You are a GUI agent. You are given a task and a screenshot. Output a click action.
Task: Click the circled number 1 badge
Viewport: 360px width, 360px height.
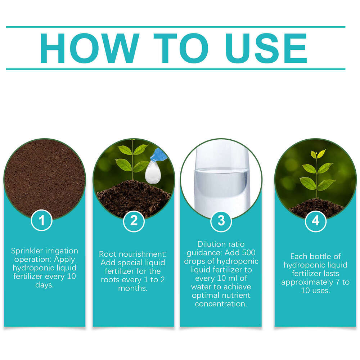click(x=42, y=220)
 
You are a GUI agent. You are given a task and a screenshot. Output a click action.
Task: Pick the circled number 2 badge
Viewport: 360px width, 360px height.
click(x=134, y=220)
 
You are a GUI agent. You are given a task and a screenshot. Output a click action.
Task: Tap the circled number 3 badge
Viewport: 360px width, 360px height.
click(x=221, y=220)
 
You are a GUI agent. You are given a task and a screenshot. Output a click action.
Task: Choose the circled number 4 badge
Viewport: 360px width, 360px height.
click(x=315, y=220)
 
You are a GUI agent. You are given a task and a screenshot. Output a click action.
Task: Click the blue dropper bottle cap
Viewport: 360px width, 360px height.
click(x=160, y=155)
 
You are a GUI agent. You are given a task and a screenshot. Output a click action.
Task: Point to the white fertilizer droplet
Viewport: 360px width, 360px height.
click(x=152, y=171)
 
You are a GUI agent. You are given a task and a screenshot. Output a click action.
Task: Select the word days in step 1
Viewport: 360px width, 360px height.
click(x=44, y=285)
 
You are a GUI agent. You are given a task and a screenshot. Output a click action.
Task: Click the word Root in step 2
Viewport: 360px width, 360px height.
click(x=107, y=254)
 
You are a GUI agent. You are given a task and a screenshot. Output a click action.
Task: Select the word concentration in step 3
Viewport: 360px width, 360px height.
click(x=221, y=304)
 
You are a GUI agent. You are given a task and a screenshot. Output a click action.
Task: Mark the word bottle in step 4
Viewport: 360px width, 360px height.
click(x=322, y=257)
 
